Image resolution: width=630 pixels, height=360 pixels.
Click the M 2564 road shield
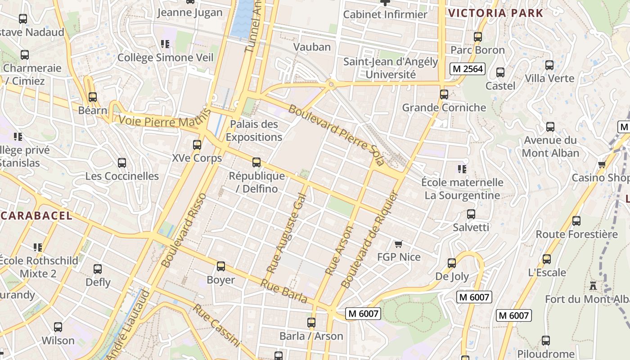click(468, 69)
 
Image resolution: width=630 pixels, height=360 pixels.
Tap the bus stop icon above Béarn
click(93, 97)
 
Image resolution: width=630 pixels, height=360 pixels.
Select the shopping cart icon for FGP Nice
click(398, 244)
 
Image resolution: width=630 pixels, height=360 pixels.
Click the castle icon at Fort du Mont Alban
click(593, 286)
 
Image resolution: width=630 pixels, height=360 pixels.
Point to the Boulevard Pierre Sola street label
click(337, 135)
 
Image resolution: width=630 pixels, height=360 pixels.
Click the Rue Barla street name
click(284, 292)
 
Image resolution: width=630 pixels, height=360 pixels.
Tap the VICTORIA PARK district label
click(496, 13)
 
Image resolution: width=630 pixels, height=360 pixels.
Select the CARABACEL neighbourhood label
click(36, 216)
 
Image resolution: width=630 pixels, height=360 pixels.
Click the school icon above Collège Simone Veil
click(165, 44)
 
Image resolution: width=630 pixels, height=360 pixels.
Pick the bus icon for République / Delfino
click(256, 162)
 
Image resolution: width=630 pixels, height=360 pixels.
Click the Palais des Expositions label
click(254, 130)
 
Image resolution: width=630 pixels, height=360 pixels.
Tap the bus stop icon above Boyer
click(220, 266)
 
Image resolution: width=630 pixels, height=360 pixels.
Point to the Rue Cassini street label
click(217, 325)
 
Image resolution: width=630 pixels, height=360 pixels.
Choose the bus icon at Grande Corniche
click(444, 94)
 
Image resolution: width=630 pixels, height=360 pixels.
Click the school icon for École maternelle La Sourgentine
click(462, 169)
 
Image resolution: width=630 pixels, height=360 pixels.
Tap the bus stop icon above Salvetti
click(471, 214)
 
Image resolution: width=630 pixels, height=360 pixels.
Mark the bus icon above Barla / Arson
click(311, 323)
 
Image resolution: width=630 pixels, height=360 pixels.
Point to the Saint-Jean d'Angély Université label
click(391, 68)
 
